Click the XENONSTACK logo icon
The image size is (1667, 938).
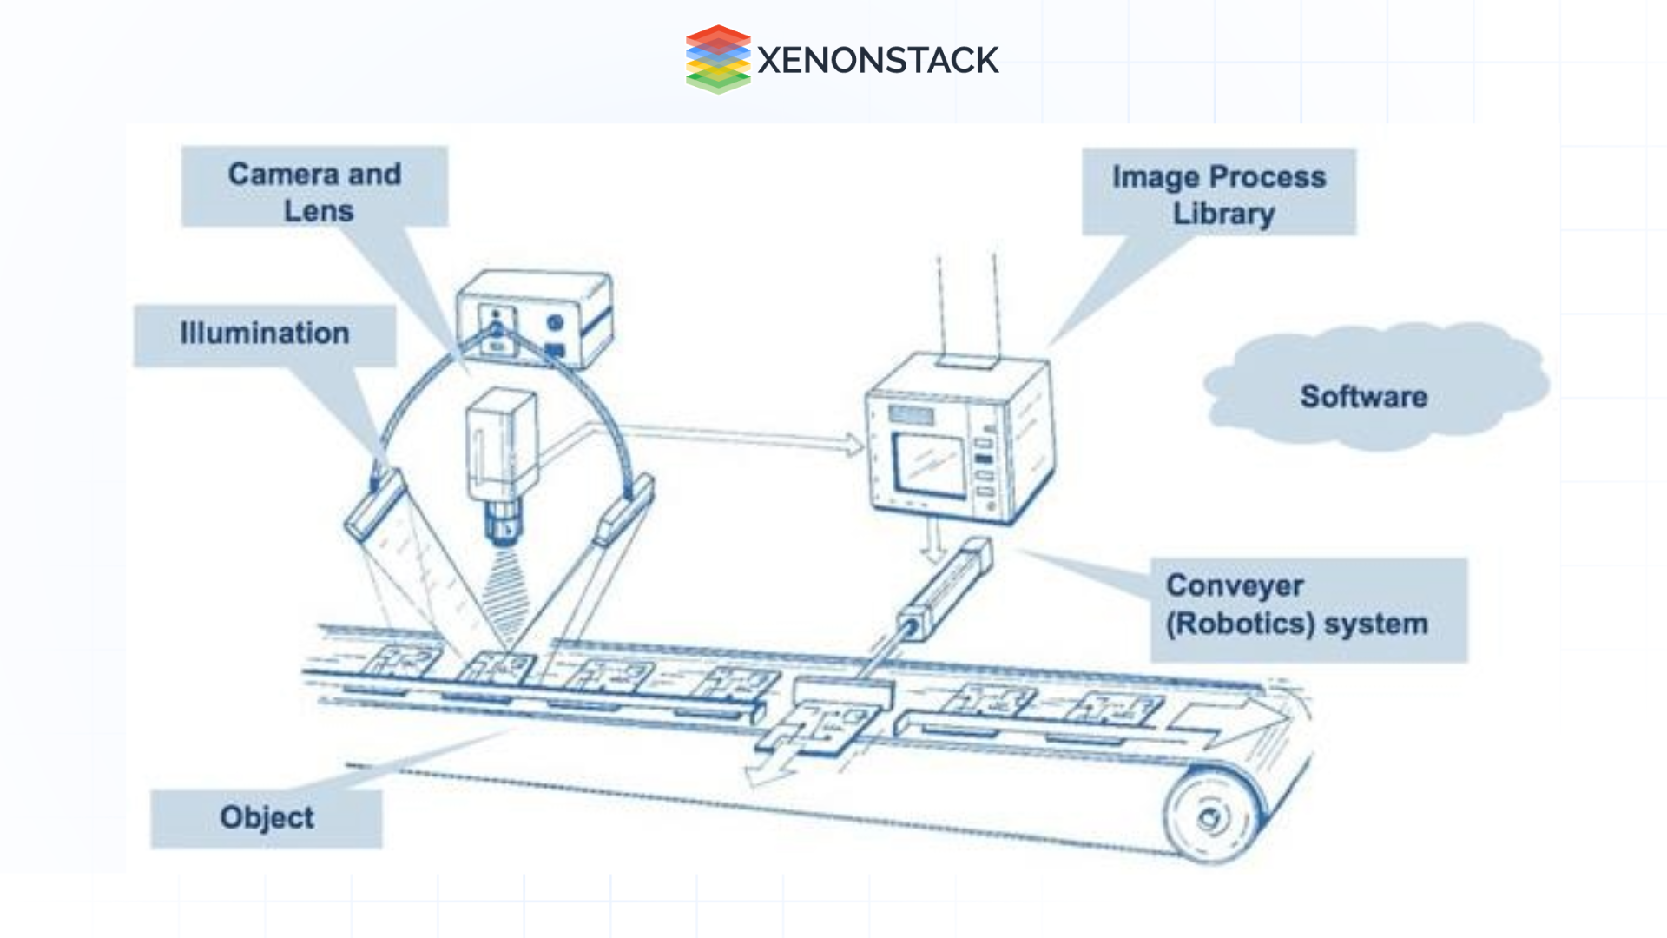tap(717, 59)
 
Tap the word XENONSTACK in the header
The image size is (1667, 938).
tap(878, 61)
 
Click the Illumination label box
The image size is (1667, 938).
tap(265, 334)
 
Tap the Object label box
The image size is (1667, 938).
tap(267, 817)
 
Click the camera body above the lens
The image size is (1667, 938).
tap(501, 447)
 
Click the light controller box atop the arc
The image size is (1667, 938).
tap(534, 320)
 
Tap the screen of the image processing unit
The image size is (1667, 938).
tap(929, 464)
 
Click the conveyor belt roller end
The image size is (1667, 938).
tap(1209, 817)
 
